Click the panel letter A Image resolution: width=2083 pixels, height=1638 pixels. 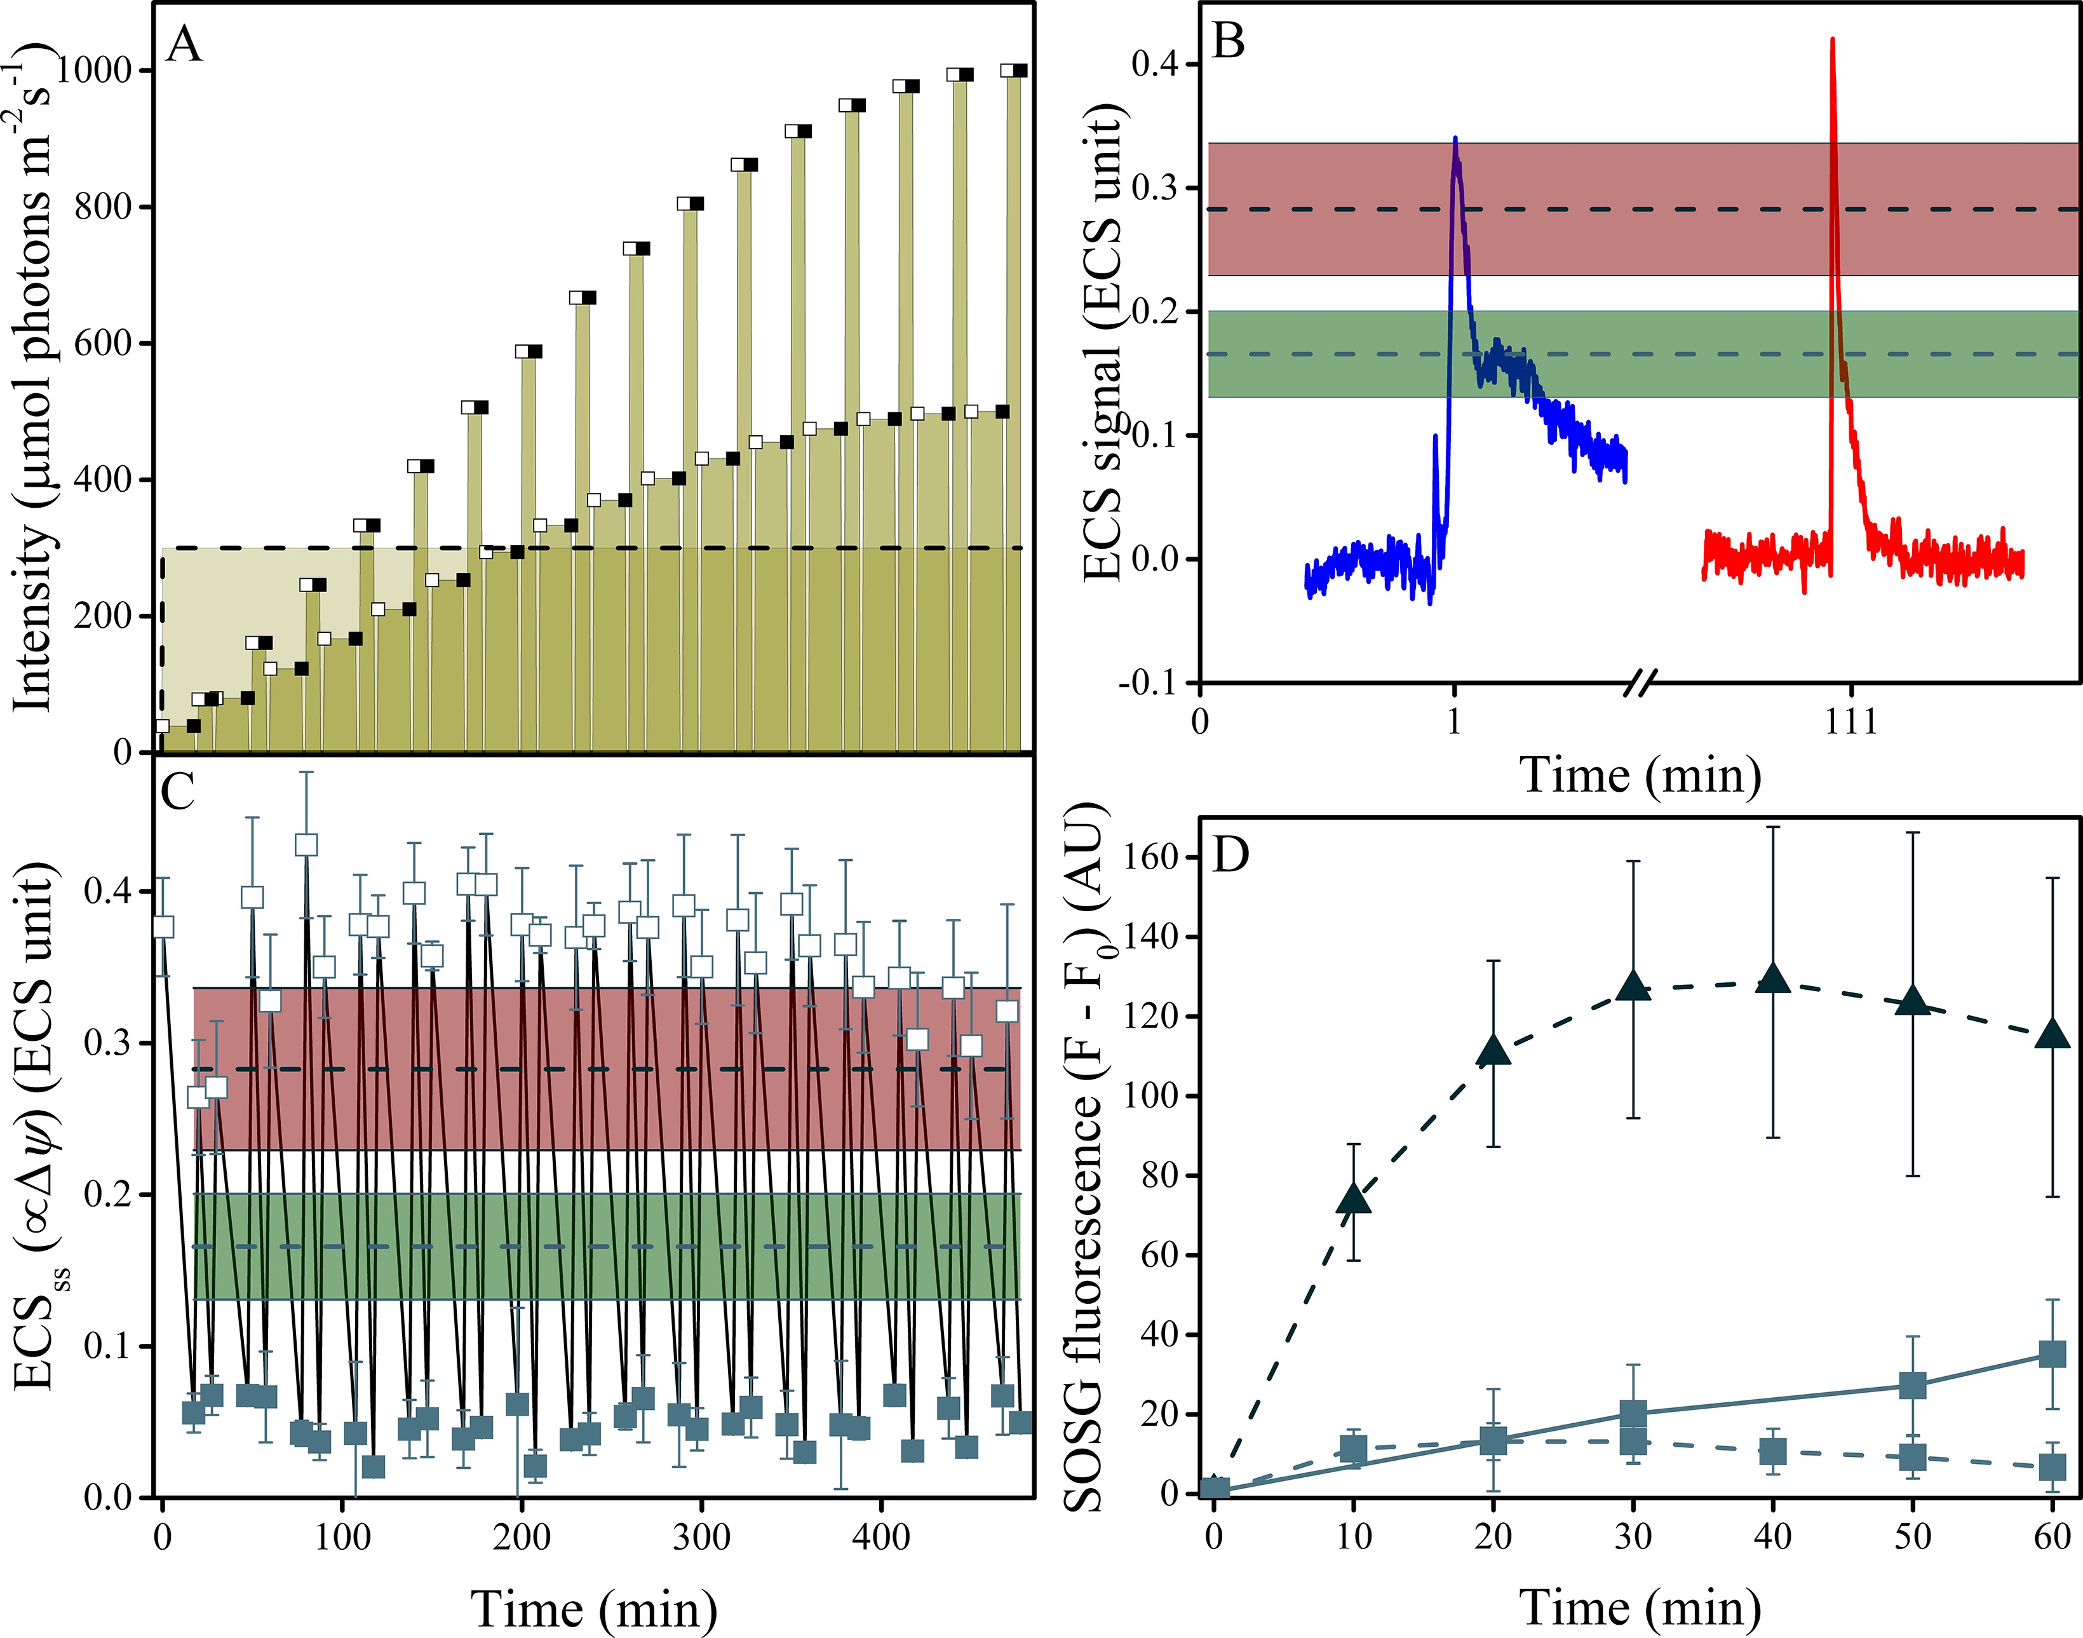coord(184,45)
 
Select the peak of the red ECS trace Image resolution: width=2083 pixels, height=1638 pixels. coord(1833,40)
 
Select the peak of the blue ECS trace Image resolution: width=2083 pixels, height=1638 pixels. coord(1455,140)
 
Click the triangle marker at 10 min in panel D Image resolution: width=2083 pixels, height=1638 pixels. coord(1354,1198)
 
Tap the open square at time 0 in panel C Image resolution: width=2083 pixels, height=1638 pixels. coord(163,926)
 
